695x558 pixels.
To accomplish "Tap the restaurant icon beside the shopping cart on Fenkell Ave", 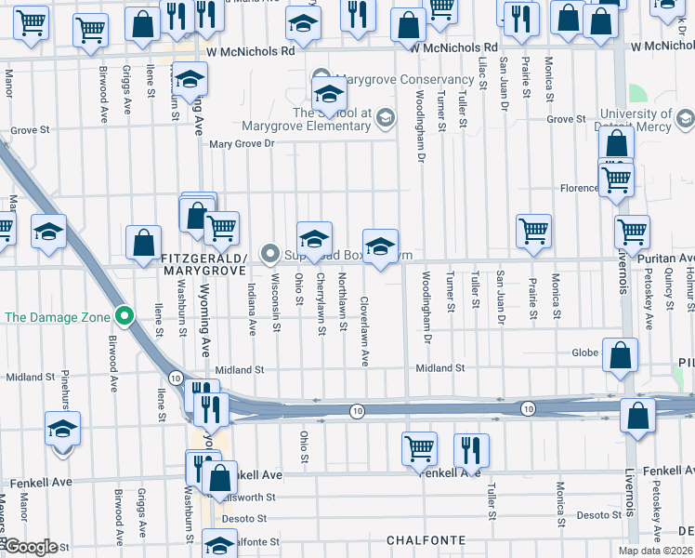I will coord(471,449).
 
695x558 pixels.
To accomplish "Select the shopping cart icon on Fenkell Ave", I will coord(420,448).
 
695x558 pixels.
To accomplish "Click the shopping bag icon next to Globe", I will coord(620,354).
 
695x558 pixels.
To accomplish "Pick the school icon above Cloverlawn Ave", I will coord(380,246).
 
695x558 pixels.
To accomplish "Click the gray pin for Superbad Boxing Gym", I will coord(270,253).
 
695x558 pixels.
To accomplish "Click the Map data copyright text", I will coord(654,551).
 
